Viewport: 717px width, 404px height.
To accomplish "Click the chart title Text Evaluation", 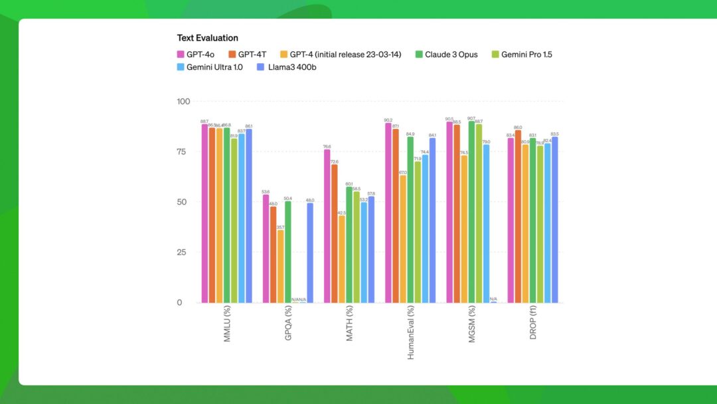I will (x=207, y=38).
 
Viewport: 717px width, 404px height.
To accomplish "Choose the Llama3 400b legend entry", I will (x=287, y=67).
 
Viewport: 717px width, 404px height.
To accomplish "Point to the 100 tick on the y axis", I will (x=183, y=102).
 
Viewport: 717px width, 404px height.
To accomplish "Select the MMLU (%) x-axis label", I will (x=227, y=324).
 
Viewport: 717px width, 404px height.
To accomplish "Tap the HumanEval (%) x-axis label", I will (x=410, y=332).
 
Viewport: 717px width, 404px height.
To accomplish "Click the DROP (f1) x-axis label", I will (x=533, y=324).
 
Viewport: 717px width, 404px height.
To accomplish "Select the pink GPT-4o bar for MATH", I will (x=327, y=226).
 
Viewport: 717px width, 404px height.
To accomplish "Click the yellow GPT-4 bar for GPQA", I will (x=281, y=266).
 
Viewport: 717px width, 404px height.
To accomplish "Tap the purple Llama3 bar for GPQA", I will (x=310, y=252).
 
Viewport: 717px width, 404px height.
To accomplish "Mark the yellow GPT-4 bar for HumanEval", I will (x=403, y=239).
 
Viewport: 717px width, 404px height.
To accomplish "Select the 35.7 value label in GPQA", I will (x=281, y=227).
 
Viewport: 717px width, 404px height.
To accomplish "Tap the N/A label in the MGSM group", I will (x=493, y=299).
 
